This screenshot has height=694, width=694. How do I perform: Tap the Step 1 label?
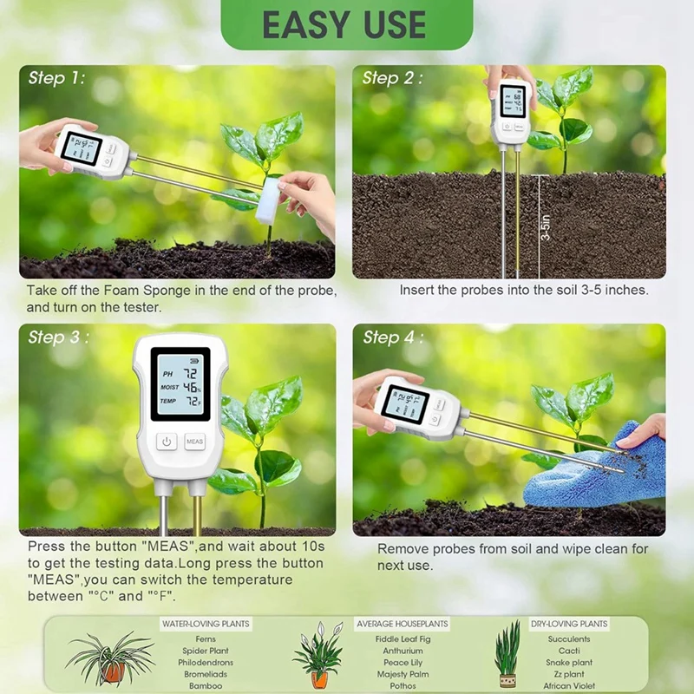coord(57,78)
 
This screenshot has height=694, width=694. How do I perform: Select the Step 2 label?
coord(392,78)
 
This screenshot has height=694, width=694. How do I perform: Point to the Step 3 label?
coord(57,337)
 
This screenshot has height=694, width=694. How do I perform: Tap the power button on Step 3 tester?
coord(167,442)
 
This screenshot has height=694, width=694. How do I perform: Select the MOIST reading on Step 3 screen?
coord(181,387)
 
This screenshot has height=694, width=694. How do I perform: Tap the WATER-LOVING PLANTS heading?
coord(206,624)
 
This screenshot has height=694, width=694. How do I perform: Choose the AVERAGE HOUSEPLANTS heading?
coord(403,624)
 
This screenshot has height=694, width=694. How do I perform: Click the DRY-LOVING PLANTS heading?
coord(569,624)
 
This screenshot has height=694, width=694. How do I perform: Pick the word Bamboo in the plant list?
coord(206,685)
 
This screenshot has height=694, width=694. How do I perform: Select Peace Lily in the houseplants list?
coord(403,662)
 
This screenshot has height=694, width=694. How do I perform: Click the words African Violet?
coord(569,685)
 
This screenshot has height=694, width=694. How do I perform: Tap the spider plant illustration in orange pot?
coord(111,659)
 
